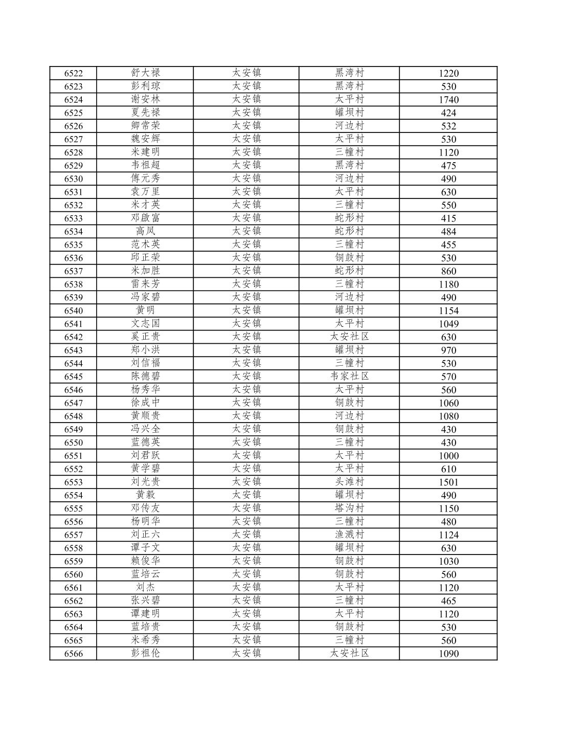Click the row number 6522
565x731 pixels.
pyautogui.click(x=73, y=73)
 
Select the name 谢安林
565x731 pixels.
pyautogui.click(x=145, y=99)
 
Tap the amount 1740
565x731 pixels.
pyautogui.click(x=448, y=100)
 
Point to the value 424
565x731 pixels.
pyautogui.click(x=448, y=113)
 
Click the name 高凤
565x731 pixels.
pyautogui.click(x=145, y=231)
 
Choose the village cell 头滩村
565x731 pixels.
pyautogui.click(x=349, y=482)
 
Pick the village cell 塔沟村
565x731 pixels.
pyautogui.click(x=349, y=508)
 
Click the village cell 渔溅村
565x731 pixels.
pyautogui.click(x=349, y=535)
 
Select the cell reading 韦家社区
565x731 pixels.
pyautogui.click(x=349, y=376)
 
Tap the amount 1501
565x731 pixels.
pyautogui.click(x=448, y=482)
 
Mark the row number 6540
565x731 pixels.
pyautogui.click(x=73, y=311)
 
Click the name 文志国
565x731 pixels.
pyautogui.click(x=145, y=323)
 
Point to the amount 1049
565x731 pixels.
pyautogui.click(x=448, y=324)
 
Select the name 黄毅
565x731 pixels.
pyautogui.click(x=145, y=495)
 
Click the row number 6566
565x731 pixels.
pyautogui.click(x=73, y=654)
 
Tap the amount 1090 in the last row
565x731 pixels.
pyautogui.click(x=448, y=654)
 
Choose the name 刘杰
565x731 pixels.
pyautogui.click(x=145, y=587)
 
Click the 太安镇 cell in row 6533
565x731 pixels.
pyautogui.click(x=246, y=218)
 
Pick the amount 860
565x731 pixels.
pyautogui.click(x=448, y=271)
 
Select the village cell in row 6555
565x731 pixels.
pyautogui.click(x=349, y=508)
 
